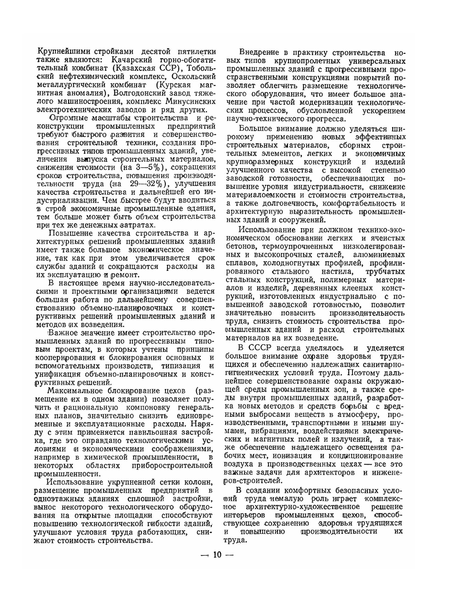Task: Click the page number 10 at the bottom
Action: pos(217,555)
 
